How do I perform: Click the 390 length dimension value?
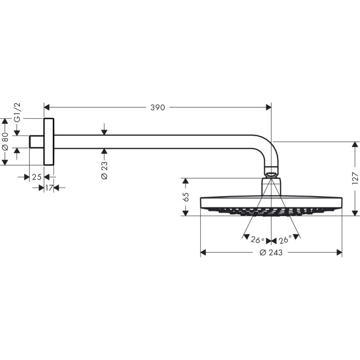157,108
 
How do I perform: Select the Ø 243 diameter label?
271,253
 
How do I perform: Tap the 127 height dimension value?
355,178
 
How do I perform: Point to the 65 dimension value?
186,197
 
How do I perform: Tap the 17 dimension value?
49,187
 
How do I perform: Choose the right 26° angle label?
285,240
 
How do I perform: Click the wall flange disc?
49,142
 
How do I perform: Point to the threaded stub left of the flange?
36,142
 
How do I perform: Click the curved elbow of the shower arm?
269,148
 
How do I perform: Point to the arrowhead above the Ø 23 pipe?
104,132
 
